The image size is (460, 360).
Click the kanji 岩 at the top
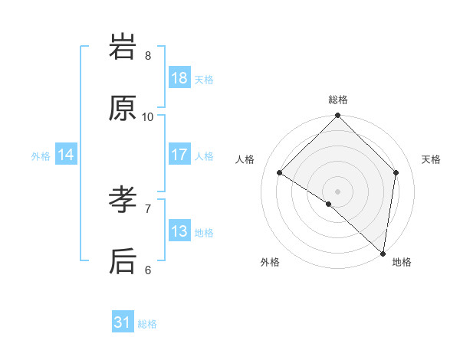(123, 47)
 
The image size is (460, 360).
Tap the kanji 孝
(123, 201)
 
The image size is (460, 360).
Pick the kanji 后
(123, 261)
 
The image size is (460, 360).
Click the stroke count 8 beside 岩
(148, 55)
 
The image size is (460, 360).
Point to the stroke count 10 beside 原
(148, 116)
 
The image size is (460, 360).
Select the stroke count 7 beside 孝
(148, 208)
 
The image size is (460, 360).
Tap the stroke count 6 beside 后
(148, 270)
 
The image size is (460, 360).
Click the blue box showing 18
(179, 78)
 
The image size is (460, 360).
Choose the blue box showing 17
(179, 155)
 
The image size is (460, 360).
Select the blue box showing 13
(179, 231)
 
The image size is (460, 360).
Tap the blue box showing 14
(66, 155)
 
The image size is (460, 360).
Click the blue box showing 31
(123, 323)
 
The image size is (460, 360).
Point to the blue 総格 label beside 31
(147, 324)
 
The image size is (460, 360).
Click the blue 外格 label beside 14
(41, 155)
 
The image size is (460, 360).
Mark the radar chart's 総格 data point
(337, 116)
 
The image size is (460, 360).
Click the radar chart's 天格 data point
(396, 172)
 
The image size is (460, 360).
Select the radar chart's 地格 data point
(383, 253)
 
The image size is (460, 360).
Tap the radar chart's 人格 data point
(280, 173)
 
